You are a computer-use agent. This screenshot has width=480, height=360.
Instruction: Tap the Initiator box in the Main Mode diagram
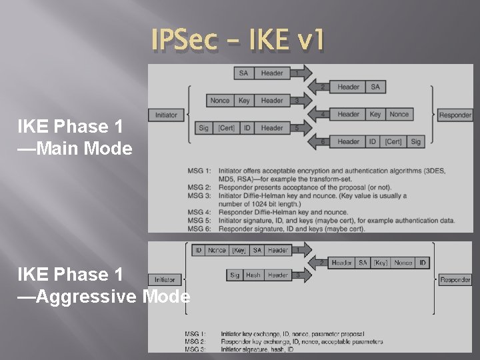point(167,115)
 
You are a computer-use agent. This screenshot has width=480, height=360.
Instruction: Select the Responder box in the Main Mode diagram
point(455,115)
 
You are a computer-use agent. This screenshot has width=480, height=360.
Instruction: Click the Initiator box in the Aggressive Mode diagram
point(165,280)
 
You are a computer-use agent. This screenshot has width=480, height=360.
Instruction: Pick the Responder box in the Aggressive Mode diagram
point(455,280)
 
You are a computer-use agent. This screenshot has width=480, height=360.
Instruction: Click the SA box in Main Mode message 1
point(243,73)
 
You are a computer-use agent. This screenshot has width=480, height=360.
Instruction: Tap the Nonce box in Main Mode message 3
point(219,101)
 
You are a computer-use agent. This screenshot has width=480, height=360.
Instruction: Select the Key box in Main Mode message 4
point(375,115)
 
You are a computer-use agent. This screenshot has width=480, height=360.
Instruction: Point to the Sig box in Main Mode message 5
point(203,128)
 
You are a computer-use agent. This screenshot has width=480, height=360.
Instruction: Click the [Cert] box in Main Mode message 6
point(393,141)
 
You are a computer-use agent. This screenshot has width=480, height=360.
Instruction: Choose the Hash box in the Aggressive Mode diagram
point(253,275)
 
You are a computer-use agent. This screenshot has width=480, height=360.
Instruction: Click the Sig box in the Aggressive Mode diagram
point(235,275)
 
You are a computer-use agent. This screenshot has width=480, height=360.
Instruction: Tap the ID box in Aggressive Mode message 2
point(423,263)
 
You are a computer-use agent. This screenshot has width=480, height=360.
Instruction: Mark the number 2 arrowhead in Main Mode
point(321,87)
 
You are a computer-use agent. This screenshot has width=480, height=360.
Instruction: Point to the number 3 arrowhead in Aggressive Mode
point(299,275)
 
